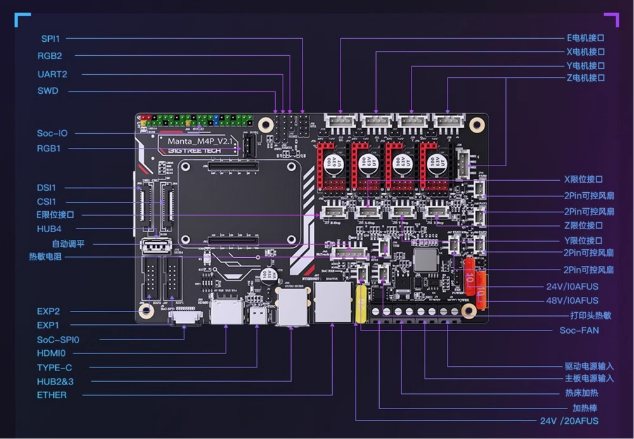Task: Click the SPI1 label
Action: click(x=51, y=39)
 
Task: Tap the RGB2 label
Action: click(x=49, y=56)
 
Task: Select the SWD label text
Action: click(x=48, y=91)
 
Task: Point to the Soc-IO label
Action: click(x=52, y=133)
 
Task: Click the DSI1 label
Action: click(x=47, y=188)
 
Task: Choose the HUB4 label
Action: click(x=49, y=228)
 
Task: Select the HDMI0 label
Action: click(x=51, y=353)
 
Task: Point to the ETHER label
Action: click(x=51, y=395)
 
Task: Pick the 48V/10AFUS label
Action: click(x=572, y=301)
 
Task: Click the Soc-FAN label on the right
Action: click(x=579, y=331)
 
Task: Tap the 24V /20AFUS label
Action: click(x=569, y=421)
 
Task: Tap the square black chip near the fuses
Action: click(x=424, y=259)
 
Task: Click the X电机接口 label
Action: click(x=585, y=52)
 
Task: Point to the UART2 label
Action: click(x=52, y=74)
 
